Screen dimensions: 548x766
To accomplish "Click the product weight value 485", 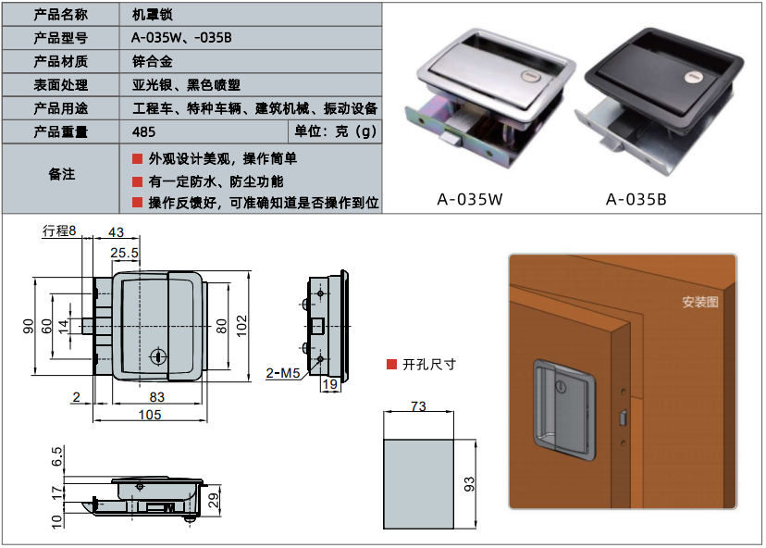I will click(144, 131).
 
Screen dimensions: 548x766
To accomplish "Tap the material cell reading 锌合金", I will click(152, 62).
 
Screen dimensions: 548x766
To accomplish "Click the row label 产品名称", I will click(61, 15).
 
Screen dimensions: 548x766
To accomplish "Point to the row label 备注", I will click(61, 174).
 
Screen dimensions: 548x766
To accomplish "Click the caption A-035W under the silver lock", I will click(469, 199).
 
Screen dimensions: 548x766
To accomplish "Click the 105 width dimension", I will click(150, 415).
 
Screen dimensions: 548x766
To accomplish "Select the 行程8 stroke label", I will click(59, 231).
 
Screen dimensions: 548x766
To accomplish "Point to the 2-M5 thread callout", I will click(282, 373).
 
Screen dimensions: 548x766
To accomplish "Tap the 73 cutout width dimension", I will click(418, 407).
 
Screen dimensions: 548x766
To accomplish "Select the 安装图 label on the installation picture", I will click(699, 302).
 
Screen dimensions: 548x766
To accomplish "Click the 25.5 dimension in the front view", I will click(125, 252).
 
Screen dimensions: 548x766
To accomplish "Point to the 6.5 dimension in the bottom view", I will click(57, 456).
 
